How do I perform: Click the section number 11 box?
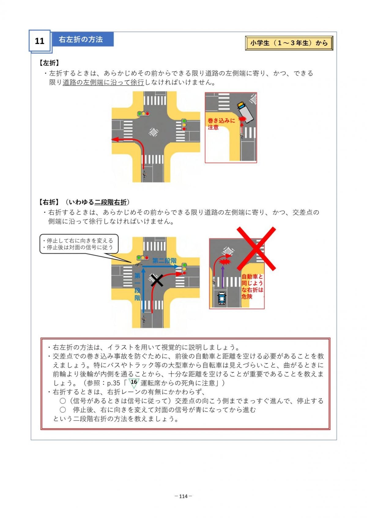(x=39, y=41)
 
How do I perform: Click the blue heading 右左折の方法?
(x=81, y=39)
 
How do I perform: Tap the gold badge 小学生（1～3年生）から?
(x=289, y=43)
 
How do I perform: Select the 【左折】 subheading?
(x=49, y=63)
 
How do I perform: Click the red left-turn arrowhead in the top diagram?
(x=115, y=139)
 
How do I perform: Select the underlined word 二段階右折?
(x=111, y=202)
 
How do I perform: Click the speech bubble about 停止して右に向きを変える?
(x=79, y=244)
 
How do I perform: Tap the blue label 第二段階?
(x=164, y=261)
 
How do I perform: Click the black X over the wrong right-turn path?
(x=157, y=280)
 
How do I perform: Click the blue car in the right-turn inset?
(x=222, y=298)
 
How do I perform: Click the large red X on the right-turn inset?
(x=256, y=249)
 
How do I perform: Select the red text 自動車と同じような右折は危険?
(x=252, y=286)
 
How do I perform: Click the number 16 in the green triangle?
(x=134, y=382)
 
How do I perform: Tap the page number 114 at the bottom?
(x=183, y=496)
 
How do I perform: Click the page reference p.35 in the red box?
(x=113, y=383)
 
